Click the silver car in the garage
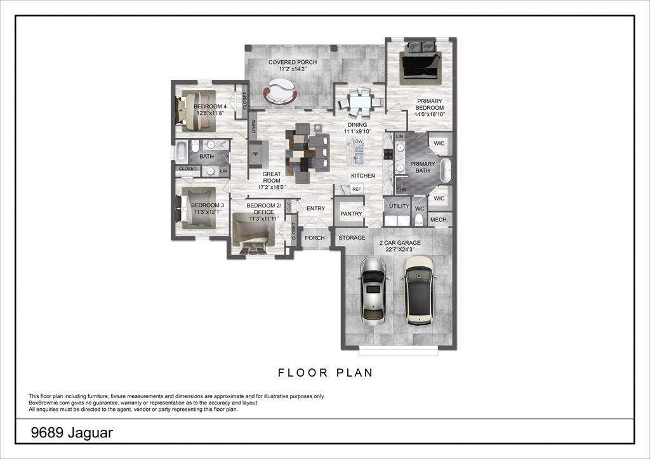(x=373, y=291)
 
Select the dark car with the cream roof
(x=418, y=290)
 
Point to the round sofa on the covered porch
(x=280, y=92)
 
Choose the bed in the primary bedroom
(x=420, y=61)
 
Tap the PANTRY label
(x=351, y=214)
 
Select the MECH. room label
(x=439, y=220)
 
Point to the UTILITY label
(x=399, y=207)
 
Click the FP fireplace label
(x=255, y=154)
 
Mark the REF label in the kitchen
(x=356, y=189)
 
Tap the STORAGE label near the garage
(x=352, y=238)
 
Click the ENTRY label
(x=315, y=209)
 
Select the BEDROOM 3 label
(x=208, y=205)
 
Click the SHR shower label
(x=401, y=189)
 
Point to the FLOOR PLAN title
(x=325, y=373)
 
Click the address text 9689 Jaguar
(x=72, y=432)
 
